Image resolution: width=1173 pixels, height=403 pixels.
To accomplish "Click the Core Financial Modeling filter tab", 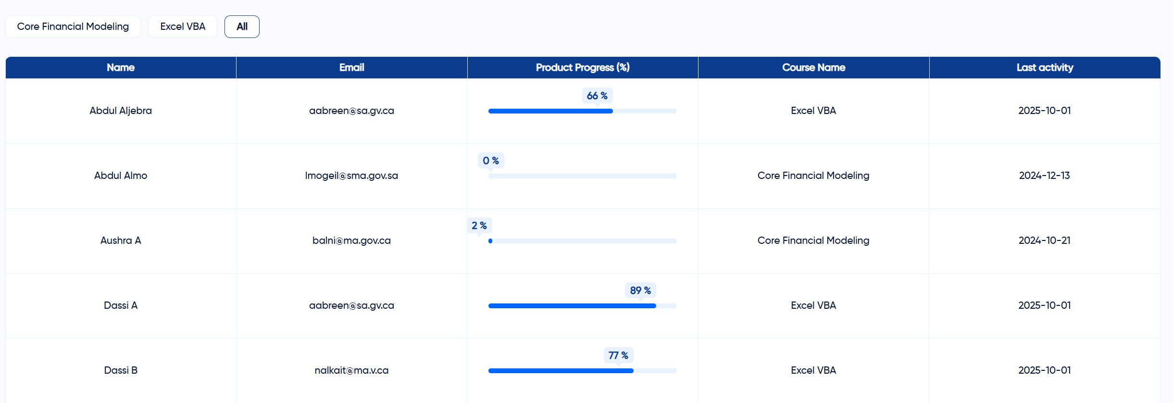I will point(73,26).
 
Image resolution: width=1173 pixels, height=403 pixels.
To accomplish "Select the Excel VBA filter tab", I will point(183,26).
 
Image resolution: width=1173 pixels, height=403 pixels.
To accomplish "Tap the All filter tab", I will point(242,26).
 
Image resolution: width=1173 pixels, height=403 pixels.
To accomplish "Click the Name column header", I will point(121,67).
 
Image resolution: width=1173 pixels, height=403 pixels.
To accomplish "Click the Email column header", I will point(351,67).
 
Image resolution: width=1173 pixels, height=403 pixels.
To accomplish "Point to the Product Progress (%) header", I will point(583,67).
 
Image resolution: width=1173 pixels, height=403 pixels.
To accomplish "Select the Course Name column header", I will point(813,67).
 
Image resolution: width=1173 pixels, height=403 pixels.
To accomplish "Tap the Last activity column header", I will point(1045,67).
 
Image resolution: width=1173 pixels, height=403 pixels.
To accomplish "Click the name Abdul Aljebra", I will point(121,111).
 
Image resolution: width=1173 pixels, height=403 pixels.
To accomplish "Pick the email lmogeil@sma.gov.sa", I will point(351,176).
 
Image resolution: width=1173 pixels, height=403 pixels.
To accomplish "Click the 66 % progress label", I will point(597,96).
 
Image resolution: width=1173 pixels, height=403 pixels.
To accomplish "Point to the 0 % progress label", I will point(491,161).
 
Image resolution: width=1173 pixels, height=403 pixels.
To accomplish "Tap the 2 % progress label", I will point(479,226).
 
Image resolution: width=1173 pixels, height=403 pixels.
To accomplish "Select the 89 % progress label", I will point(640,290).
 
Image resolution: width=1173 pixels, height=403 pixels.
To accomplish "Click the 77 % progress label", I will point(618,355).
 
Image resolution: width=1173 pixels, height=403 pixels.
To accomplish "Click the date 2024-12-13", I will point(1045,176).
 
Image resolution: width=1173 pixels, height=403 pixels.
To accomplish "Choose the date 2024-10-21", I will point(1045,240).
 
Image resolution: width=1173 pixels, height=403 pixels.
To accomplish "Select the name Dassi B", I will point(121,370).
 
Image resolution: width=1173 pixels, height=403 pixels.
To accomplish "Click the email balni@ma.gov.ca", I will point(351,240).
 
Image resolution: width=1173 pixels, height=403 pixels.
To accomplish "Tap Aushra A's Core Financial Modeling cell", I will point(813,240).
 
